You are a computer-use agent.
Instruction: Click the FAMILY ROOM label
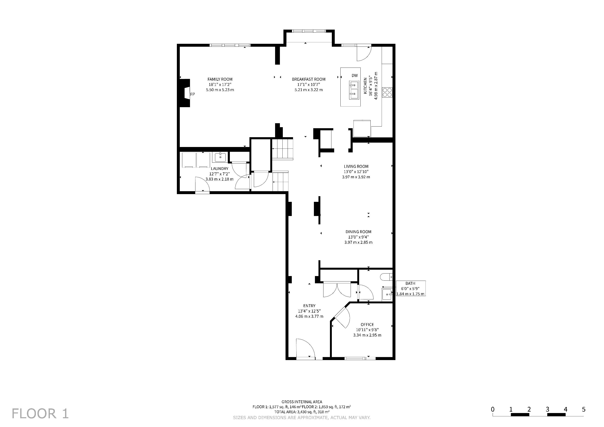click(220, 79)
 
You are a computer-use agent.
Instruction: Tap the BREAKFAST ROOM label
click(309, 79)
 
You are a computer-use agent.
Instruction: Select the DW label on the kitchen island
click(355, 75)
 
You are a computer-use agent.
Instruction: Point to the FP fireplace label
click(193, 94)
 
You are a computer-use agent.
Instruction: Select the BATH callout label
click(410, 283)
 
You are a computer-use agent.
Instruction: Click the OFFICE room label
click(367, 324)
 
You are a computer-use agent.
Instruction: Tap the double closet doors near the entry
click(337, 289)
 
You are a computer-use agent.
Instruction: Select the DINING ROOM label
click(358, 232)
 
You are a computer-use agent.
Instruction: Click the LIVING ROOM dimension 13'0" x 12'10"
click(356, 172)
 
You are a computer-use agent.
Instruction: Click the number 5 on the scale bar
click(584, 409)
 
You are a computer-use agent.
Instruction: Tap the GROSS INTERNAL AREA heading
click(302, 402)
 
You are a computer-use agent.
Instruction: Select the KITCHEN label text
click(365, 86)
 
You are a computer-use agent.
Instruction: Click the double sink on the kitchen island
click(354, 90)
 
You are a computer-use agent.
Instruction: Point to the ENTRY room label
click(309, 306)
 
